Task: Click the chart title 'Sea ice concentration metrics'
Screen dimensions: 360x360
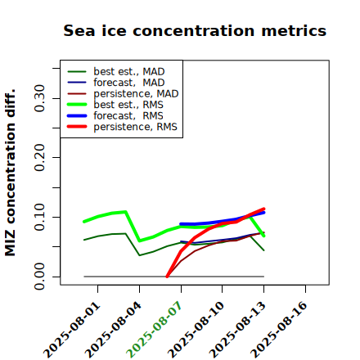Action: point(195,30)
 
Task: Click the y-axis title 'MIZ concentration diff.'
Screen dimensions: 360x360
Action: point(10,173)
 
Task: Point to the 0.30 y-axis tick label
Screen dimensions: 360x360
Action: point(39,98)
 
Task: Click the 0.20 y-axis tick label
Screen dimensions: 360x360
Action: point(39,157)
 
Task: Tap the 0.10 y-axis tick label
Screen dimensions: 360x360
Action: point(39,217)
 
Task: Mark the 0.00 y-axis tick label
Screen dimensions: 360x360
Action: point(39,277)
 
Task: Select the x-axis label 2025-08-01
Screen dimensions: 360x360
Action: point(71,330)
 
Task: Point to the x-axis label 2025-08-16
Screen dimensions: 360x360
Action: point(279,330)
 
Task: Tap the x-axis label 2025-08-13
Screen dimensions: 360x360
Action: point(237,330)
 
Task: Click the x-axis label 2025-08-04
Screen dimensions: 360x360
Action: point(113,330)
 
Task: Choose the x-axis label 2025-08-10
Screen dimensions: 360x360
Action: point(196,330)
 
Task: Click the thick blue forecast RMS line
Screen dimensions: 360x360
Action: point(223,221)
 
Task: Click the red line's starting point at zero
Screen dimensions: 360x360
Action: point(167,277)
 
